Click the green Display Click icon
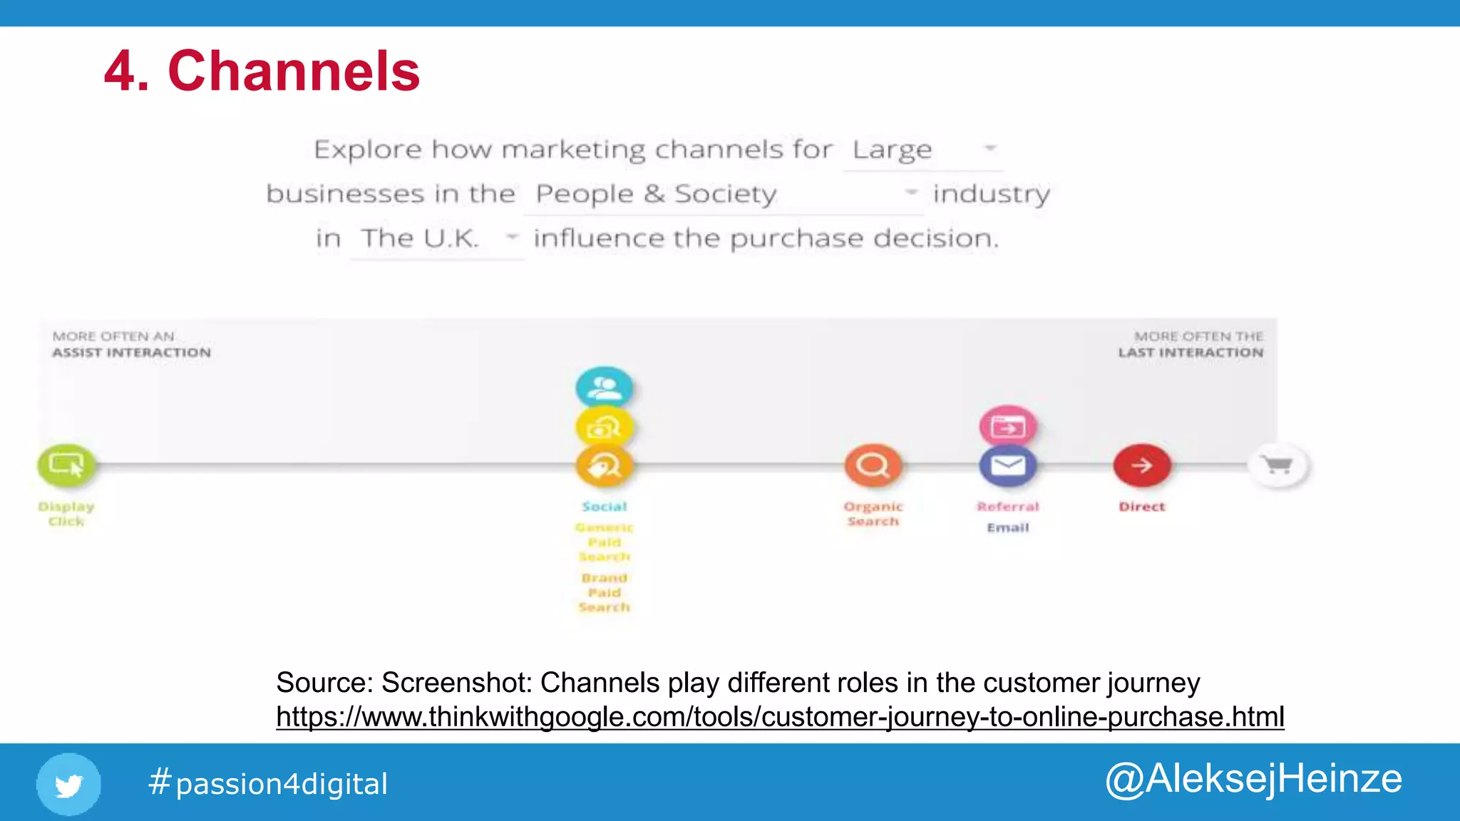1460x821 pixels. click(66, 465)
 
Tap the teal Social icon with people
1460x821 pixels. click(605, 388)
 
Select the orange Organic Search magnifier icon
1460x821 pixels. click(873, 465)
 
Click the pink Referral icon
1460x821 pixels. click(1007, 426)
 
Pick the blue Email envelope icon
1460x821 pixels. click(1007, 466)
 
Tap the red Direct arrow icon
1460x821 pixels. click(1142, 465)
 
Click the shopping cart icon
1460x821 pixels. click(1277, 465)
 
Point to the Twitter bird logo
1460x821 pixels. click(68, 784)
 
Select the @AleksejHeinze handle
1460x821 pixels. click(1253, 778)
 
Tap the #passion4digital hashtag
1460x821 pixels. click(268, 783)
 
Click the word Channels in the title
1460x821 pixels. click(294, 71)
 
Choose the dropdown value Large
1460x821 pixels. click(893, 150)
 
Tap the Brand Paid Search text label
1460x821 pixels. click(605, 592)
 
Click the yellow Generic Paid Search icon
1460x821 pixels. click(605, 428)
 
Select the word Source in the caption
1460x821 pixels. click(323, 683)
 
